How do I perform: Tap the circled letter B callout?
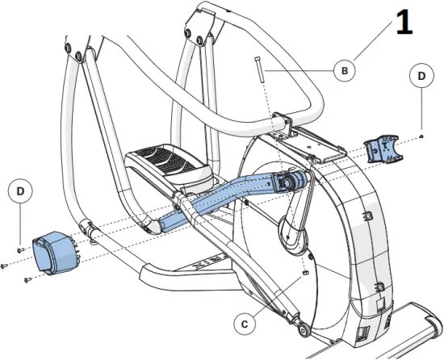coord(345,71)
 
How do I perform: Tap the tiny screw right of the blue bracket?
coord(421,138)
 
